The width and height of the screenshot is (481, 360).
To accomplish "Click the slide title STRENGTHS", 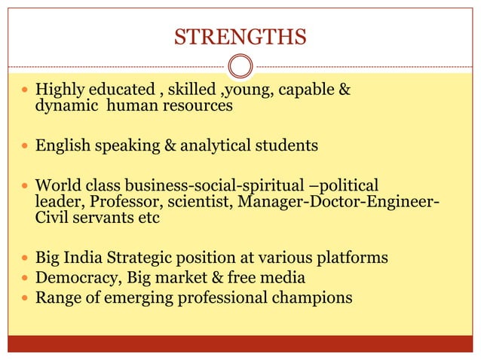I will [240, 36].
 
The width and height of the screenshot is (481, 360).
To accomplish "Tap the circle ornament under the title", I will [240, 66].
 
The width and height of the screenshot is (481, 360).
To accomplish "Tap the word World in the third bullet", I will [57, 185].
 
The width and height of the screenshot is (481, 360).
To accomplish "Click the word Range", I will [55, 298].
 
